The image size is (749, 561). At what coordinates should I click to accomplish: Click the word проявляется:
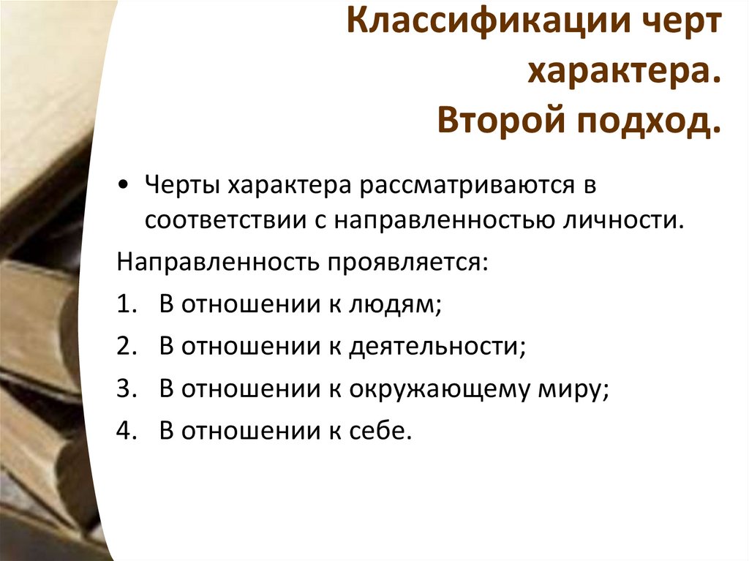tap(407, 262)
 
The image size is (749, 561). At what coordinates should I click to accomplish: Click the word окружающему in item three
tap(437, 390)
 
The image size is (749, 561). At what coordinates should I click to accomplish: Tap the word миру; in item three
tap(574, 390)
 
